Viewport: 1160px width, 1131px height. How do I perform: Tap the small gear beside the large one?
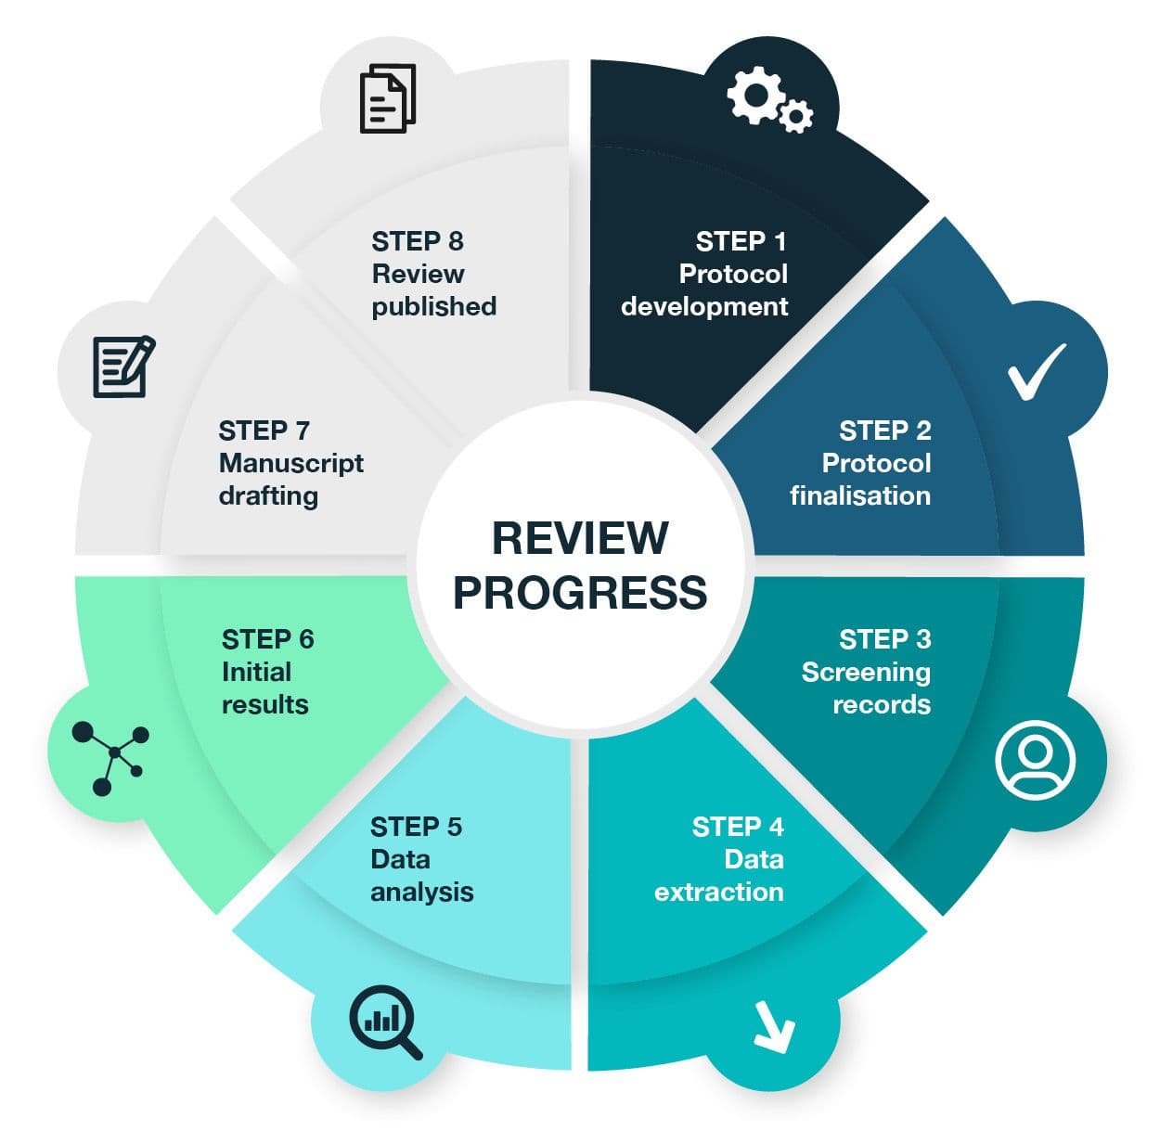click(x=796, y=116)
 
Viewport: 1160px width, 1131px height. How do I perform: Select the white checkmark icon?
click(x=1037, y=371)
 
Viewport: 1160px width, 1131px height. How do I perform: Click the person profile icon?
click(x=1036, y=759)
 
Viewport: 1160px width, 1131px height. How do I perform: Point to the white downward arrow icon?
click(x=774, y=1026)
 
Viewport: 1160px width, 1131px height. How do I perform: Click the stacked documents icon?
click(x=387, y=97)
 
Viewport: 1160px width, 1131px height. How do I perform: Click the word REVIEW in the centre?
click(x=580, y=538)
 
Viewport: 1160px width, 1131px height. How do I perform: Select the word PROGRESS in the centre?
click(x=580, y=592)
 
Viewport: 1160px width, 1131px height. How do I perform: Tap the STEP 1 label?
click(x=741, y=241)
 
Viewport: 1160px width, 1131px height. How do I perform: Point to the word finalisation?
click(x=859, y=495)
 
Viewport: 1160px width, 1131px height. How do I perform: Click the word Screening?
click(x=866, y=672)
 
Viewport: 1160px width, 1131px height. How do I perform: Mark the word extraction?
click(x=718, y=892)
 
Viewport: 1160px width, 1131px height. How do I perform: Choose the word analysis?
click(x=422, y=892)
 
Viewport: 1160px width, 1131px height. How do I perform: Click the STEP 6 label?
click(x=267, y=639)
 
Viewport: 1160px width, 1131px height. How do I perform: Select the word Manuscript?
click(x=291, y=463)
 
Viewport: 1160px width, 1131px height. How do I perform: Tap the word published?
click(x=434, y=306)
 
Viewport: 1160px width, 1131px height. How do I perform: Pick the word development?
click(x=704, y=306)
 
